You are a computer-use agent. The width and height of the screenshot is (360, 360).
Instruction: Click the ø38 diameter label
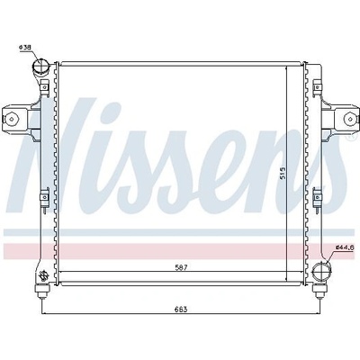pos(25,48)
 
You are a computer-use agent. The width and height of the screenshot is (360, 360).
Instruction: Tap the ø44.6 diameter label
pos(345,247)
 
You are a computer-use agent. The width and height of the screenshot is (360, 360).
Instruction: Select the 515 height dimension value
pos(283,174)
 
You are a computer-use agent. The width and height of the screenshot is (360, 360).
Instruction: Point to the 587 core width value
pos(181,267)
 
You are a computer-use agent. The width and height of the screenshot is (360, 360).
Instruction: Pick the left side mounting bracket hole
pos(11,118)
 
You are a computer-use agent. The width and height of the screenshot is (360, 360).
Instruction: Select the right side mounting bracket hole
pos(349,118)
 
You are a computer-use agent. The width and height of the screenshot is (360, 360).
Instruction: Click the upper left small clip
pos(44,87)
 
